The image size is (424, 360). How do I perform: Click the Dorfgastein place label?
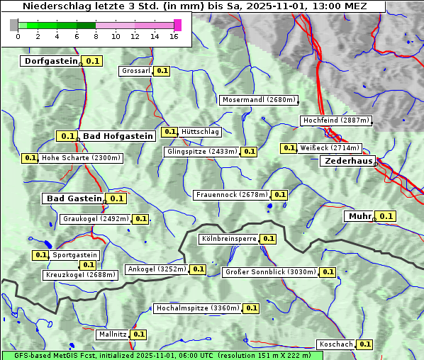click(x=50, y=61)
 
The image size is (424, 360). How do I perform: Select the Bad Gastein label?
click(x=74, y=198)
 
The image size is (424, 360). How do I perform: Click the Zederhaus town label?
click(x=348, y=161)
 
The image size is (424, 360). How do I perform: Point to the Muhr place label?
click(x=360, y=216)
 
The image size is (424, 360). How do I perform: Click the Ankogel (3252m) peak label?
click(x=157, y=269)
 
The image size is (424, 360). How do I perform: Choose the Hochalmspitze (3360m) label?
click(x=197, y=308)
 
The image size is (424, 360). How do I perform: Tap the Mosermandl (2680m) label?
click(x=259, y=100)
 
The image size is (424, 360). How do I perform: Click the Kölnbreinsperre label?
click(x=228, y=239)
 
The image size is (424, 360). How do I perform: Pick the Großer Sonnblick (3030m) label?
click(x=269, y=272)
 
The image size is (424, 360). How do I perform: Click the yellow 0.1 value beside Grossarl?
click(x=162, y=71)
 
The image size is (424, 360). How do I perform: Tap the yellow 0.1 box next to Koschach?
click(x=364, y=344)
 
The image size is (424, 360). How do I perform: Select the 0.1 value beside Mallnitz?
click(x=138, y=334)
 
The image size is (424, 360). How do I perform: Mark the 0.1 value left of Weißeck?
click(x=289, y=148)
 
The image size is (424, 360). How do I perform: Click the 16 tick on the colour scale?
click(x=174, y=36)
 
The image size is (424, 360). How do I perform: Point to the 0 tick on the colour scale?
click(x=18, y=36)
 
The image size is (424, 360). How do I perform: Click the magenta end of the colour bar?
click(x=177, y=25)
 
